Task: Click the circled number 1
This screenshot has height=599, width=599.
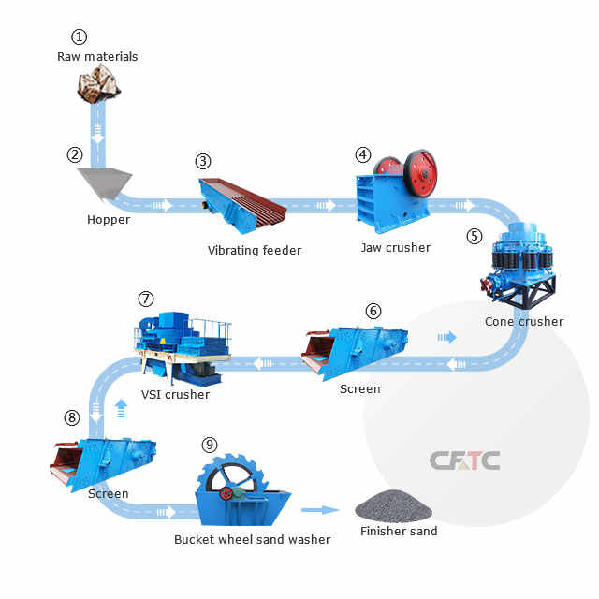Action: coord(80,37)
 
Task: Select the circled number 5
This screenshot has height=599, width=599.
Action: coord(475,236)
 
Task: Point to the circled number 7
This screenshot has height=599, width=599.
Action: coord(145,299)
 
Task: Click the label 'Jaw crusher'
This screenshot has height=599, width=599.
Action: coord(396,248)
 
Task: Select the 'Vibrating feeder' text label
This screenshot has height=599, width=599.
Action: coord(255,250)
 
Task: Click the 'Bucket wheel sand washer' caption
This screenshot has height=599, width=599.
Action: coord(252,539)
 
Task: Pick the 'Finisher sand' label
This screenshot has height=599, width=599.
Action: coord(399,532)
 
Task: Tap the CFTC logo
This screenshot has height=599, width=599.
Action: coord(465,460)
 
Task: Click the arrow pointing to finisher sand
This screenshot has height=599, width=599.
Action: coord(320,510)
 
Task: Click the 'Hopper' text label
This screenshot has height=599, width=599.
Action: coord(109,220)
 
